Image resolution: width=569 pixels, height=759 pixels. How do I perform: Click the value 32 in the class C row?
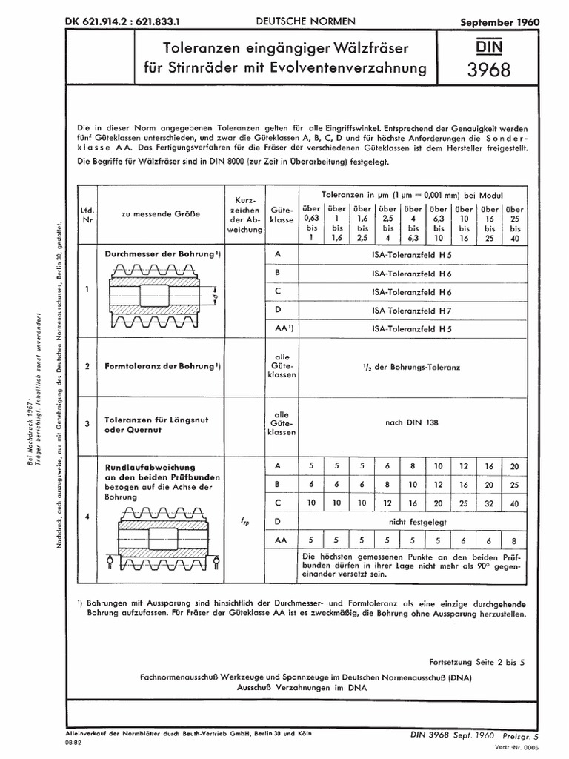point(488,503)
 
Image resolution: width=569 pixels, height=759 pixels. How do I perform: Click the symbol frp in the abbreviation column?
point(245,522)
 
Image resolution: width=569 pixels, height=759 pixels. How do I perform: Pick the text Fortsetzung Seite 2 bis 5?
point(476,662)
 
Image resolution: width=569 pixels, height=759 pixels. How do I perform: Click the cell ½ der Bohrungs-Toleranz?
point(412,366)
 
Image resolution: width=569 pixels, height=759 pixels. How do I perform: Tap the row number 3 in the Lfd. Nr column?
point(87,424)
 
